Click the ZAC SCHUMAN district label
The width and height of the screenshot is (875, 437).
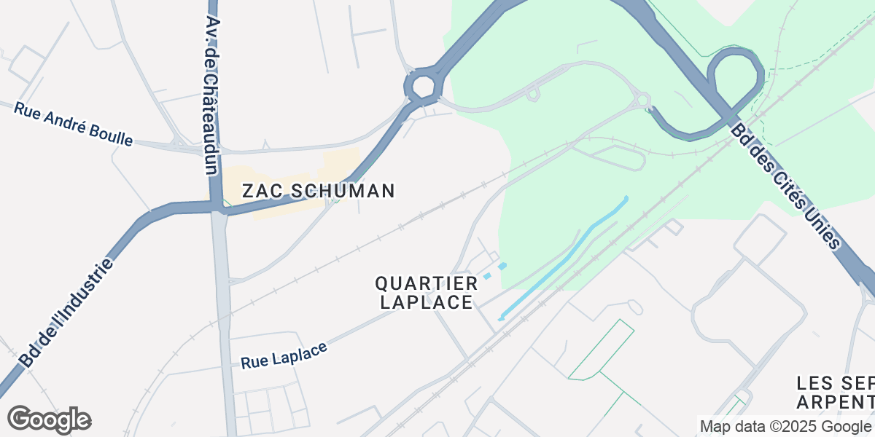[318, 192]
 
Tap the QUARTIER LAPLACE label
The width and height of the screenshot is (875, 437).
[427, 292]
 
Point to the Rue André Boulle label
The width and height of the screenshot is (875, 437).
[73, 123]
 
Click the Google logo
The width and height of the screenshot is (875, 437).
[49, 420]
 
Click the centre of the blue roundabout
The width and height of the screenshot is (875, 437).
[423, 87]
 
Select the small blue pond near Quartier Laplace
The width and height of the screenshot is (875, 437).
[495, 271]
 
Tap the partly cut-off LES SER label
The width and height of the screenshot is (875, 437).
[836, 384]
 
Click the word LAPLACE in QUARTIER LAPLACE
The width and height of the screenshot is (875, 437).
[427, 302]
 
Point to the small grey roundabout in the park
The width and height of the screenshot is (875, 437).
[642, 100]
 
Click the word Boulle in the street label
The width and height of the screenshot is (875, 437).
[115, 134]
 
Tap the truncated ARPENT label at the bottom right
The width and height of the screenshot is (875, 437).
[836, 402]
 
